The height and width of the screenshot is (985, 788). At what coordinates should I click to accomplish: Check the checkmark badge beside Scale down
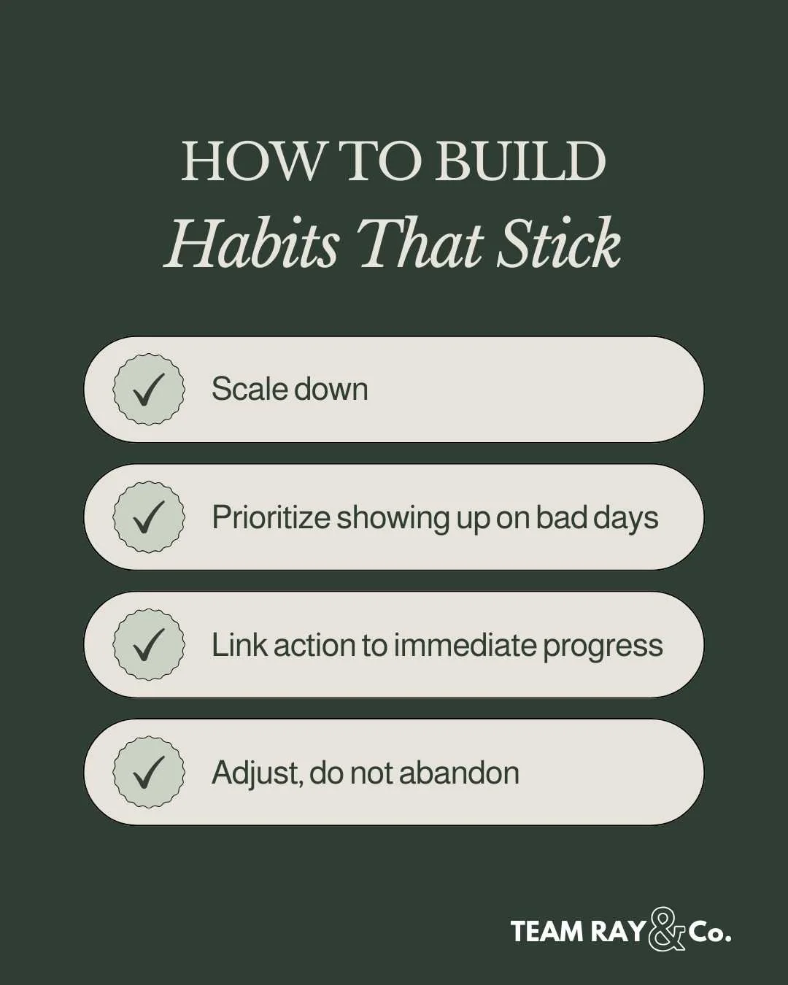[x=149, y=390]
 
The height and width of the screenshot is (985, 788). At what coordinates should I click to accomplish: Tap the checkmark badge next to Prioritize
[x=149, y=517]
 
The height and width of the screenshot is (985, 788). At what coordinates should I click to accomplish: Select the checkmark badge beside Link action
[x=149, y=645]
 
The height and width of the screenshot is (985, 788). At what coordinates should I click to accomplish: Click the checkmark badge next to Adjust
[x=149, y=773]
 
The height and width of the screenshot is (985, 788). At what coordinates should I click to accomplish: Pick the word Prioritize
[x=271, y=518]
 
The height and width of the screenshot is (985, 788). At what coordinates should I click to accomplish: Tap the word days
[x=626, y=518]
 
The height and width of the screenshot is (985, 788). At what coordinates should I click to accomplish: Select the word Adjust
[x=255, y=773]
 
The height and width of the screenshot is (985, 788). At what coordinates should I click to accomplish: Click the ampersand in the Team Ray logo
[x=666, y=930]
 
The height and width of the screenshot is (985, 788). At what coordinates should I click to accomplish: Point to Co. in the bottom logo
[x=709, y=932]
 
